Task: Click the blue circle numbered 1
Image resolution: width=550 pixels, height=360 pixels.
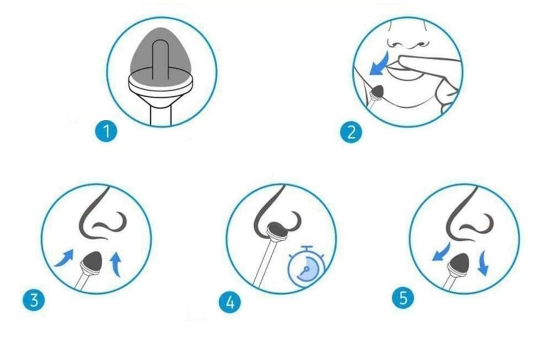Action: (106, 132)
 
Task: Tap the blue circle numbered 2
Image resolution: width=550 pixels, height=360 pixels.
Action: (351, 132)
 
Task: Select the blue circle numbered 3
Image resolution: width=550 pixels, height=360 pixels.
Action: (34, 301)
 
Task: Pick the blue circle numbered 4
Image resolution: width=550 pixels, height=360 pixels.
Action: (230, 302)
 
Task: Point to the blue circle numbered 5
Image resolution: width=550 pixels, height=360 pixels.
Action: (403, 298)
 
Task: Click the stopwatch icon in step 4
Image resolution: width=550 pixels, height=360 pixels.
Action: (306, 266)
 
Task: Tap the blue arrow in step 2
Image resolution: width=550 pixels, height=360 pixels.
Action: (381, 64)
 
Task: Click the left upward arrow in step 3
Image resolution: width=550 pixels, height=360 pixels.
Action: (64, 258)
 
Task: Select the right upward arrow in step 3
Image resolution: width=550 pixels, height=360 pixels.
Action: (116, 265)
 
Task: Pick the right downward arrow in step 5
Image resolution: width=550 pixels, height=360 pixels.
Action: (483, 262)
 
